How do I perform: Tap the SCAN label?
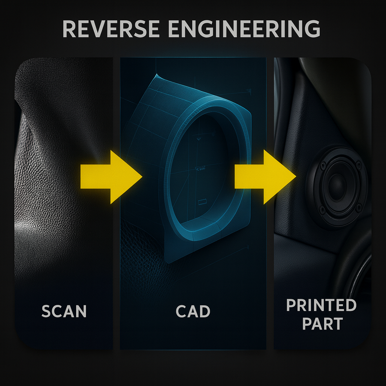tap(64, 311)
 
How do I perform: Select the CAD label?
tap(193, 311)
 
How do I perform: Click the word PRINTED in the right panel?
tap(321, 305)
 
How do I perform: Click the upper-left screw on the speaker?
tap(323, 165)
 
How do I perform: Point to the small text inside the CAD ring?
tap(199, 169)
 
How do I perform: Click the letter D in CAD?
tap(204, 311)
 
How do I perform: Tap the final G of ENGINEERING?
tap(311, 29)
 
